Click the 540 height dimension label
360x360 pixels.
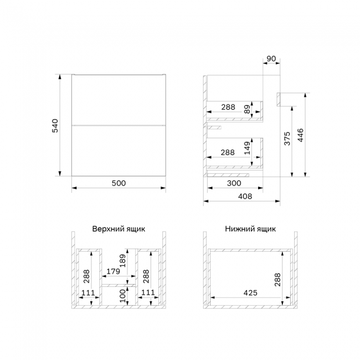point(55,126)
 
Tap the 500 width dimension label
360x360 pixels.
point(119,183)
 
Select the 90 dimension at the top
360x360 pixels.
point(271,59)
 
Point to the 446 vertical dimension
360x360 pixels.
point(300,135)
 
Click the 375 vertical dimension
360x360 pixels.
point(287,138)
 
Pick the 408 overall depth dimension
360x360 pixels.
point(245,196)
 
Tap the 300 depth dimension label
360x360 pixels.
point(234,183)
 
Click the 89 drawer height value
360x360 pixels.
point(247,109)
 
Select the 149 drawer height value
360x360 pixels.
point(247,148)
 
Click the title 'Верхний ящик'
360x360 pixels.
point(119,229)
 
